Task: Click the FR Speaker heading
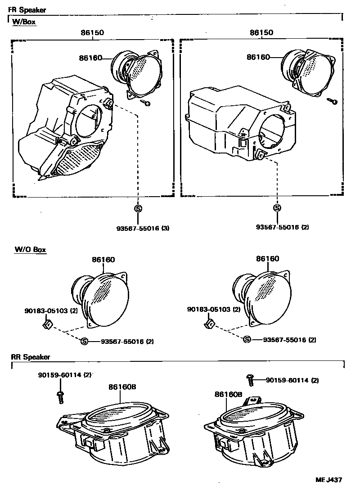coord(27,10)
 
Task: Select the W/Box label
coord(24,21)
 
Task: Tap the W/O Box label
coord(30,249)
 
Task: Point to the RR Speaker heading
coord(31,357)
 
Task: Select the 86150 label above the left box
coord(92,32)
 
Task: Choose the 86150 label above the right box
coord(261,32)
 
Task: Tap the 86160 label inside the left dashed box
coord(90,58)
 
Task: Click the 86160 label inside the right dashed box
coord(258,57)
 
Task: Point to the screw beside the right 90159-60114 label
coord(251,380)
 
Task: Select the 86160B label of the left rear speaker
coord(120,387)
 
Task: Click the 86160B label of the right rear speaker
coord(229,394)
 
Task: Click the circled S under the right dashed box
coord(277,208)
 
